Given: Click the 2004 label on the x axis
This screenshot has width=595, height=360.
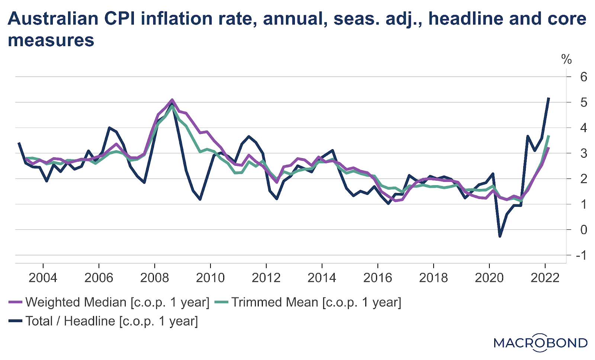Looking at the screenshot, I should click(43, 277).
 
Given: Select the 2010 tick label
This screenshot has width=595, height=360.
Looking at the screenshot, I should click(210, 277).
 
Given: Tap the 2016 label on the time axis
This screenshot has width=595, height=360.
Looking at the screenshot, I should click(377, 277).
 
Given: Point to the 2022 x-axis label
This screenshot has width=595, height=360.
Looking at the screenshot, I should click(545, 277).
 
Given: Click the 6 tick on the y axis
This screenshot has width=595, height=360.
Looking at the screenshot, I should click(583, 77).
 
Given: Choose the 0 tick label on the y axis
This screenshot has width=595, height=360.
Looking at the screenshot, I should click(583, 229).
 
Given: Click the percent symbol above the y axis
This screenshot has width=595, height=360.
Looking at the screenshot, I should click(566, 59).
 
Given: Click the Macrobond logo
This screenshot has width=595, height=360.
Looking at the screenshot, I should click(540, 343).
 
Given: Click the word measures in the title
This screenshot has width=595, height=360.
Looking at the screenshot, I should click(51, 40).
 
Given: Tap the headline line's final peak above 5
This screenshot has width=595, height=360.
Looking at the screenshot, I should click(549, 98).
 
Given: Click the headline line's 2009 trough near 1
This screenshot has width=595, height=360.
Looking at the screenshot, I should click(200, 199).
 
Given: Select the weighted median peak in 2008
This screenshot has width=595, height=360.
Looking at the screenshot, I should click(172, 100).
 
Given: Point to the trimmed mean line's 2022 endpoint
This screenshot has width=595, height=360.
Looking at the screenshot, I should click(549, 136).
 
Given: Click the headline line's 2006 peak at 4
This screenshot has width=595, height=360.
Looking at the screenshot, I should click(109, 128).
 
